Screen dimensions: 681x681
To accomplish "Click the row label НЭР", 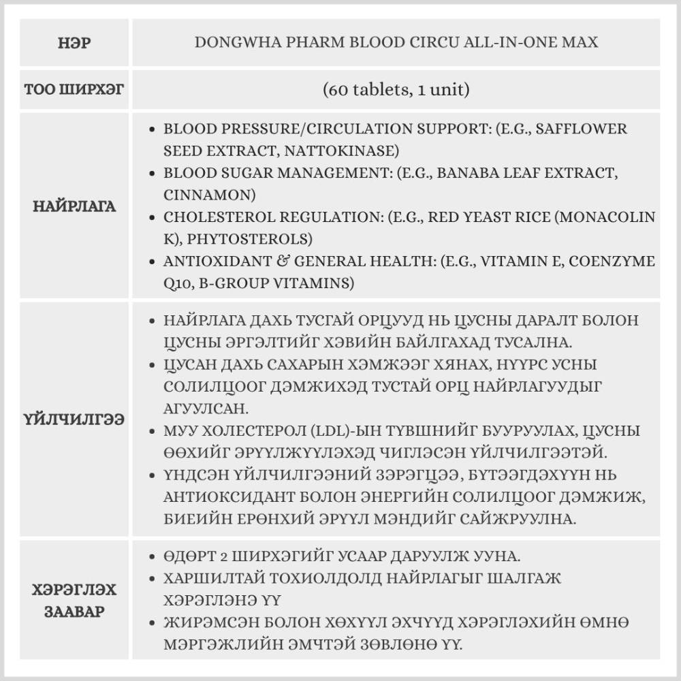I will click(75, 43).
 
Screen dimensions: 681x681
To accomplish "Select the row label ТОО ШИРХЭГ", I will click(75, 89).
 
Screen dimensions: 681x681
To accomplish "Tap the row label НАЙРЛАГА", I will click(75, 206).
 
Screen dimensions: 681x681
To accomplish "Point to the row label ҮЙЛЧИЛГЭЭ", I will click(75, 419).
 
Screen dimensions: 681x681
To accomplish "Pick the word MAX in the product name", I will click(580, 42).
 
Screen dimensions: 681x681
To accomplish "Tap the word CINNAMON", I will click(208, 195).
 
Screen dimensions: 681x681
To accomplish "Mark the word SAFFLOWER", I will click(582, 129).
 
